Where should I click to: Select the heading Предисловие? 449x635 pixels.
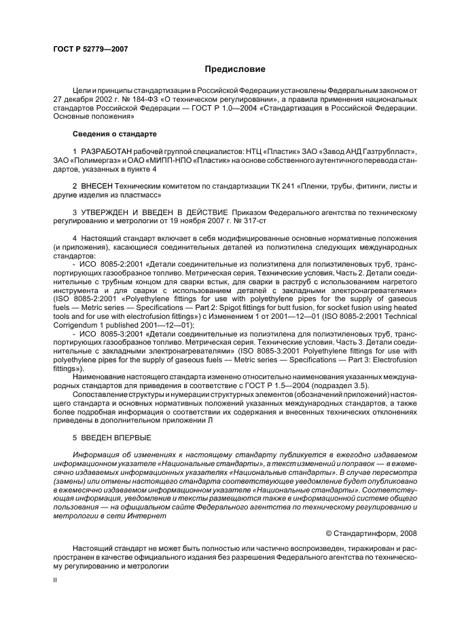235,69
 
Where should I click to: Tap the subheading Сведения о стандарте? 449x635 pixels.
111,134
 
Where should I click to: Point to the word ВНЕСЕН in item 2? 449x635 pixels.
99,185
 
